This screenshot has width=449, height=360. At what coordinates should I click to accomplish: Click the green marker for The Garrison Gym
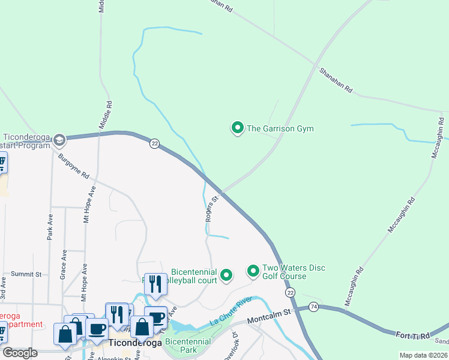point(238,128)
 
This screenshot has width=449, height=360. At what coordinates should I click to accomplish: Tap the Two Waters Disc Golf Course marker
point(253,272)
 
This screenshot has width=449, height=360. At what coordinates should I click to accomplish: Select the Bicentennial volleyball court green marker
point(226,275)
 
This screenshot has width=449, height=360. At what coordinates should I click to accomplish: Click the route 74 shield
point(314,307)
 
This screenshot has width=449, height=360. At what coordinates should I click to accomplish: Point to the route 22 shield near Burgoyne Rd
point(154,143)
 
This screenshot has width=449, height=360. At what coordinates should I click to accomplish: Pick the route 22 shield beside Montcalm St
point(291,292)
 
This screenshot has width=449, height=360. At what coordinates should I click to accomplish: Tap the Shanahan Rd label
point(336,80)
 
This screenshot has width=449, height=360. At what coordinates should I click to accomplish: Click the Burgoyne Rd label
point(74,167)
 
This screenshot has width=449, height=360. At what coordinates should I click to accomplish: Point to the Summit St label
point(26,274)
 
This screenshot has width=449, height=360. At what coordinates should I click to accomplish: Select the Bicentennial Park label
point(188,346)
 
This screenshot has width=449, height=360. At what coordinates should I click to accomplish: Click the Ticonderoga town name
point(136,343)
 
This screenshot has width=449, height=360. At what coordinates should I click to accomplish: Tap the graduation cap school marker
point(59,140)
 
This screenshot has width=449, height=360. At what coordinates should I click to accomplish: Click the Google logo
point(20,353)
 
